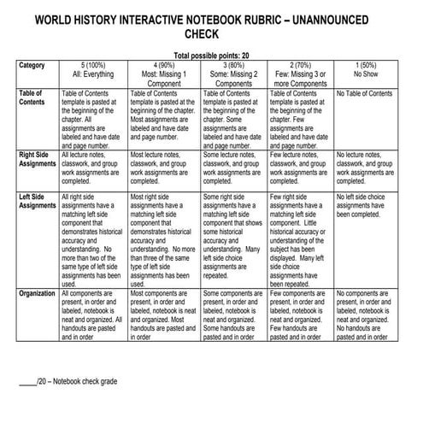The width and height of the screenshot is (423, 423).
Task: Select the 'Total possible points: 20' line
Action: (210, 54)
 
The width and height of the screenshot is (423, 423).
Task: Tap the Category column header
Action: (32, 65)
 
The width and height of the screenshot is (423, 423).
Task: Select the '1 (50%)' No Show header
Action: (369, 69)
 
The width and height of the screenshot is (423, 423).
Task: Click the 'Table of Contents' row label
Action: (32, 97)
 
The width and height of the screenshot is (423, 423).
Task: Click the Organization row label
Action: (38, 293)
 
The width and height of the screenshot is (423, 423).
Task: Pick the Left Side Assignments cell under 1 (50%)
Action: (367, 205)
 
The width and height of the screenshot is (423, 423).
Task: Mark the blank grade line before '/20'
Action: (27, 379)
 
